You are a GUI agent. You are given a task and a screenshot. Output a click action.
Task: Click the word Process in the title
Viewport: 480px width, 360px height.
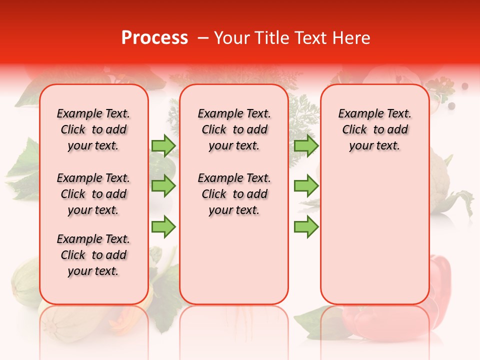point(154,38)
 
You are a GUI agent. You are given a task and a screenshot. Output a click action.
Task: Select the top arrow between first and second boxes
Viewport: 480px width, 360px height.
point(163,145)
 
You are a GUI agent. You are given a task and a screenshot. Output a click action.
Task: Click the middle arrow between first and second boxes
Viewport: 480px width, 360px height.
point(163,186)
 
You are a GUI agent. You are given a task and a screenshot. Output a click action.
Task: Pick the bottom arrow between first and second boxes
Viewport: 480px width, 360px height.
point(163,226)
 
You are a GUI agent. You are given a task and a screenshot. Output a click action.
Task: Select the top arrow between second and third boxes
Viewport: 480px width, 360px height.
point(306,145)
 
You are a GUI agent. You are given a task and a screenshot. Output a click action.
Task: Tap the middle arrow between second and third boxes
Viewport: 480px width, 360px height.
point(306,186)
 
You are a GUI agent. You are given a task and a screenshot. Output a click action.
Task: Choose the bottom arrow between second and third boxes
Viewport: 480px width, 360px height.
point(306,226)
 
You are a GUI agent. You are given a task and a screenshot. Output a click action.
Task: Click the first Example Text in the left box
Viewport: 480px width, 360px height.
point(93,114)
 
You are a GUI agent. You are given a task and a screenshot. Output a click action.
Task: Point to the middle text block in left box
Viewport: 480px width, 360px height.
point(93,194)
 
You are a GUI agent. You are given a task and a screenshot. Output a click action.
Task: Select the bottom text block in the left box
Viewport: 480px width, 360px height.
point(93,255)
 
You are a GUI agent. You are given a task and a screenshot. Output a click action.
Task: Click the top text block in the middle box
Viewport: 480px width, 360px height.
point(234,129)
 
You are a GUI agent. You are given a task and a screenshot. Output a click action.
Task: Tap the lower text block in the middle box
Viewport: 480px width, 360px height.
point(234,194)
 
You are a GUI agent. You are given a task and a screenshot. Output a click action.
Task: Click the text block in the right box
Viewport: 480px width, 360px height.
point(374,129)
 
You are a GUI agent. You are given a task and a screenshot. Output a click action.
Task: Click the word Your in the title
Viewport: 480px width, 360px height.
point(231,38)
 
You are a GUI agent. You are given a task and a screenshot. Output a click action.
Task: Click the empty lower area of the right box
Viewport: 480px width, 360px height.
point(374,240)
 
